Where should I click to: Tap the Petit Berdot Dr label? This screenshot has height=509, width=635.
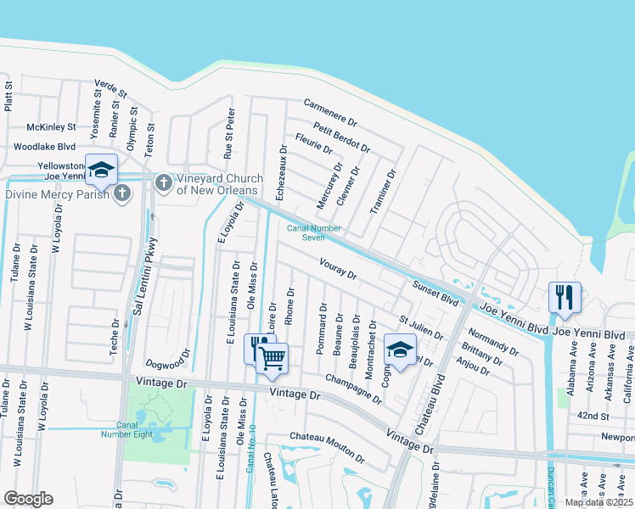341,137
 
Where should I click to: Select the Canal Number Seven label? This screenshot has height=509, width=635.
314,232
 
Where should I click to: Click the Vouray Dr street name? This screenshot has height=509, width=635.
338,269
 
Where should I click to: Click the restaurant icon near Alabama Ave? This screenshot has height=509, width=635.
565,297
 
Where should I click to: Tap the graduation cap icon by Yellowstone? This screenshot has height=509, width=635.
101,170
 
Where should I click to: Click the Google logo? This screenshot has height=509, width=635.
28,499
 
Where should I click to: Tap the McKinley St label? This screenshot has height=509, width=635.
51,127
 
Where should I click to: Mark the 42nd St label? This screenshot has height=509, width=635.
593,417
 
